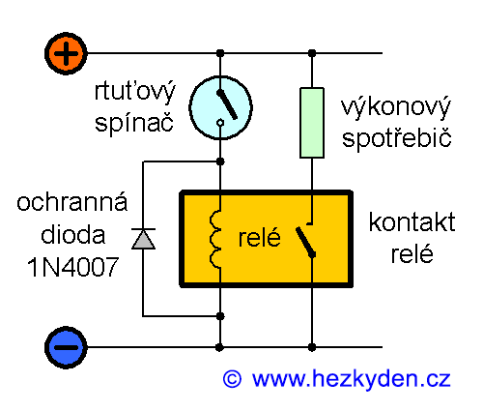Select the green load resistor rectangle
312,122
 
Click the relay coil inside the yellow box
217,238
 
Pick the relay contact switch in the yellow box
307,241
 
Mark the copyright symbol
232,379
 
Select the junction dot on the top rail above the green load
313,53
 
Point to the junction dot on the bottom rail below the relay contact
313,345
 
